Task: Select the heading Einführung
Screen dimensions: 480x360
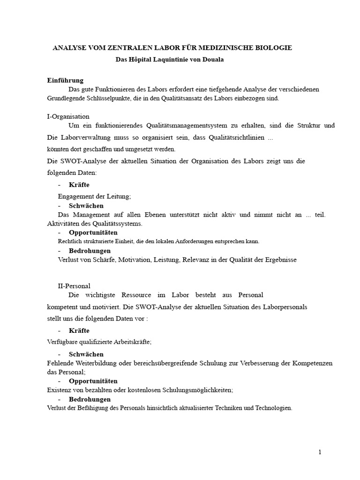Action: point(65,80)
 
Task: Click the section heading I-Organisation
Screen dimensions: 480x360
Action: point(68,116)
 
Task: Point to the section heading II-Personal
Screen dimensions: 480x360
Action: point(74,285)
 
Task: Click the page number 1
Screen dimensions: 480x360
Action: point(320,452)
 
